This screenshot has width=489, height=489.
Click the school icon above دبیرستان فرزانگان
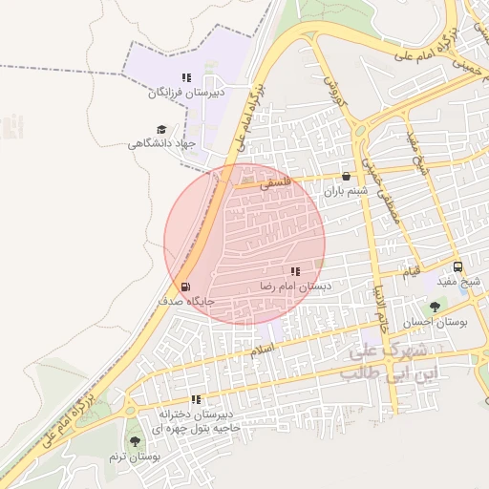[x=186, y=77]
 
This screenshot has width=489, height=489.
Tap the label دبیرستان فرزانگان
[x=186, y=93]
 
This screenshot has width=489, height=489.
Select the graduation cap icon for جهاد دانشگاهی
[x=161, y=129]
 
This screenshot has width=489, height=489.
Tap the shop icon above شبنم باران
[x=345, y=177]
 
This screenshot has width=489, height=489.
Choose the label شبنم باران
[x=345, y=192]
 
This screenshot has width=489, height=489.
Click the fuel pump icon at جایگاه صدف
[x=184, y=286]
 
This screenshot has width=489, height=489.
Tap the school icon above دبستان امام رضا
[x=295, y=272]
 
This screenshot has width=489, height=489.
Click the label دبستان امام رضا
[x=295, y=287]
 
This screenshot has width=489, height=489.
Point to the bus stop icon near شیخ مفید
[x=457, y=267]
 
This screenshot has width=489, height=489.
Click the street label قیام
[x=411, y=272]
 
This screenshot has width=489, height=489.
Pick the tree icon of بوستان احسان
[x=436, y=308]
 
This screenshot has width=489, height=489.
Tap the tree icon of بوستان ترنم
[x=135, y=442]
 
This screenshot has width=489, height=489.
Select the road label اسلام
[x=263, y=350]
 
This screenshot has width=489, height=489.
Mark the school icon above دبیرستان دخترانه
[x=196, y=400]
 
